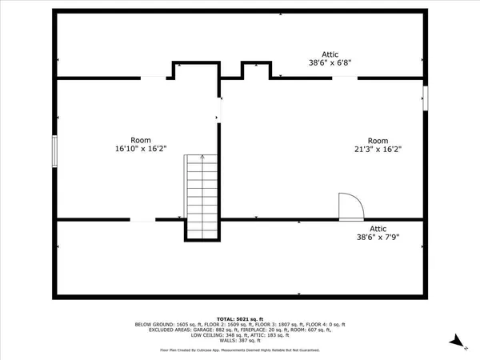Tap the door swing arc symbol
coord(350,206)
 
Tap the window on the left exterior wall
coord(54,150)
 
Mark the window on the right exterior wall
coord(425,97)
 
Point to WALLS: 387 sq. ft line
coord(240,341)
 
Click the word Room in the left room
coord(141,140)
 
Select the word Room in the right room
coord(377,140)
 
